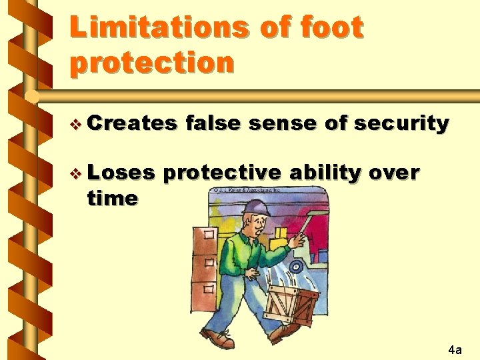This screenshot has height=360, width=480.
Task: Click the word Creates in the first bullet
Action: click(131, 123)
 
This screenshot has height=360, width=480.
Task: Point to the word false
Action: click(216, 123)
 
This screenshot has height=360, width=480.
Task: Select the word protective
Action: click(222, 173)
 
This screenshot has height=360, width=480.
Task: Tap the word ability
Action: click(325, 173)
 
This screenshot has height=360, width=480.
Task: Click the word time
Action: click(113, 198)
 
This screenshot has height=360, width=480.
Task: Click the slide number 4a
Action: click(455, 349)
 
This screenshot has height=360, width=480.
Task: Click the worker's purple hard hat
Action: click(256, 208)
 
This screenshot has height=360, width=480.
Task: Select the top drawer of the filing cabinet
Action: click(205, 237)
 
